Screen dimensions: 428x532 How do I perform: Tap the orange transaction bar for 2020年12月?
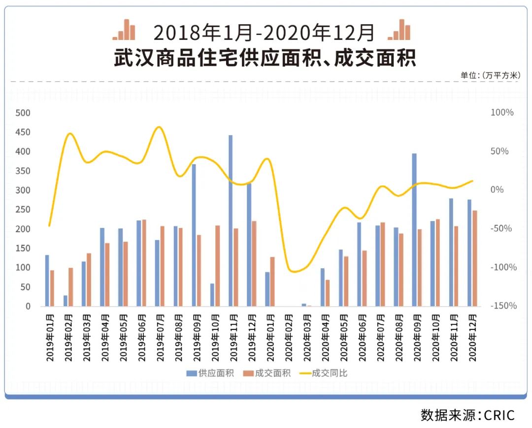(475, 258)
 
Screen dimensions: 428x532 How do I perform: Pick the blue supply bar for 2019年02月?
(66, 301)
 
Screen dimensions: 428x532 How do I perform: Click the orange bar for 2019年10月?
(217, 266)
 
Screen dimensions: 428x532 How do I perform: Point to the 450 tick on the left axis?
(24, 132)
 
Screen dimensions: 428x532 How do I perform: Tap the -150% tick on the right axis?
(503, 306)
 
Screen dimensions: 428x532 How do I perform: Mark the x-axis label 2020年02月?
(290, 338)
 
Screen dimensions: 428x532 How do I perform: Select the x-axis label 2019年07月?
(161, 338)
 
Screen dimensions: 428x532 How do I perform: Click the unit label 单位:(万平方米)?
(490, 75)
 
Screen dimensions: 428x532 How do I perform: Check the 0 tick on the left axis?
(28, 306)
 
